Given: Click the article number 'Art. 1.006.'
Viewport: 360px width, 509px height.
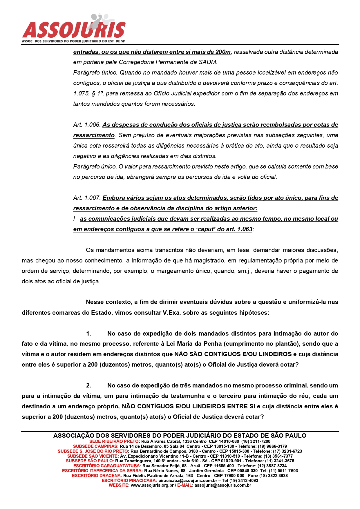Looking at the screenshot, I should pos(87,125).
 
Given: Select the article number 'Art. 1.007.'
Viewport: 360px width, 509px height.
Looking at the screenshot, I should pos(87,198).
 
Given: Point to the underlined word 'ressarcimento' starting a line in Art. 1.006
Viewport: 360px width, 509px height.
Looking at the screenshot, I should pos(94,135).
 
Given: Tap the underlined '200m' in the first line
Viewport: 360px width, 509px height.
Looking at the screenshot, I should pos(223,52).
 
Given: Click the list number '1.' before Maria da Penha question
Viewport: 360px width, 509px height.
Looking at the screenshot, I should pos(88,334).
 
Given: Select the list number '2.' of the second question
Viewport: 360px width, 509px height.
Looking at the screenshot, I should pos(88,385).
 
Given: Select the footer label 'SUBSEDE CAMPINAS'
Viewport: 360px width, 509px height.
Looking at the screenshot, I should pos(95,446).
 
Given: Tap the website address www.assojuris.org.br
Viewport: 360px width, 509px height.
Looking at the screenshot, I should pos(152,485).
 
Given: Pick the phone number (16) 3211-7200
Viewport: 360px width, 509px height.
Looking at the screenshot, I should pos(256,441).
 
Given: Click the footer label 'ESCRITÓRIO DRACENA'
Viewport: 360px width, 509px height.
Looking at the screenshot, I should pos(97,476).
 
